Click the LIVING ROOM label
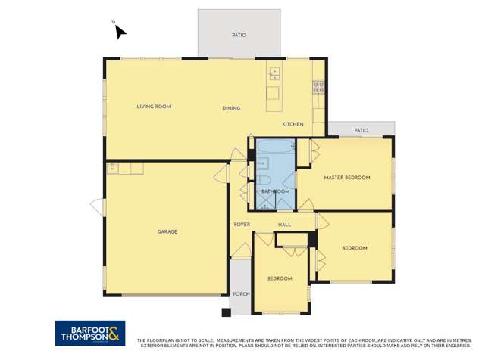point(153,107)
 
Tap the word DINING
point(231,108)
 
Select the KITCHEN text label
point(293,124)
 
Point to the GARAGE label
point(167,231)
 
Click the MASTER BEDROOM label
point(347,178)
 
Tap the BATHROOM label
point(275,191)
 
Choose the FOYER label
point(242,225)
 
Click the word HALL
point(284,225)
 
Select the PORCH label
point(241,293)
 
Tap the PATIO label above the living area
point(239,35)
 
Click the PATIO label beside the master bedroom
point(361,131)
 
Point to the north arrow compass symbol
point(119,31)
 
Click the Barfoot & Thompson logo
point(89,333)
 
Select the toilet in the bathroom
point(264,179)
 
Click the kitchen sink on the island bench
point(274,73)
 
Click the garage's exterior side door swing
point(98,206)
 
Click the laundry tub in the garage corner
point(113,169)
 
